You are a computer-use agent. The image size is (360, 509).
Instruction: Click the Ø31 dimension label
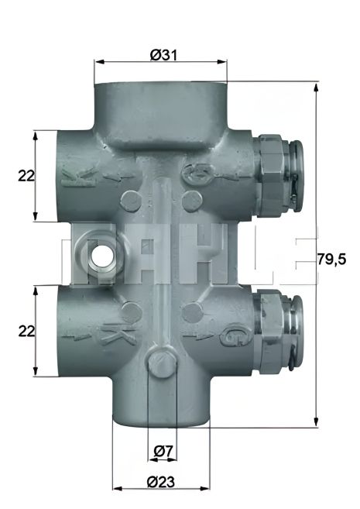click(x=161, y=54)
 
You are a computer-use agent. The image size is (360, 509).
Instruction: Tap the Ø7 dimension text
click(x=161, y=450)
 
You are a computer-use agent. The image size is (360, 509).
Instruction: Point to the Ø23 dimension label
click(x=161, y=481)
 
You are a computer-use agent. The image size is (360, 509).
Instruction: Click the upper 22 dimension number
click(x=26, y=176)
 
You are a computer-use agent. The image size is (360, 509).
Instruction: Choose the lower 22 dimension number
click(x=26, y=331)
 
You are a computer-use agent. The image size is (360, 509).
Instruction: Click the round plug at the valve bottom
click(x=161, y=363)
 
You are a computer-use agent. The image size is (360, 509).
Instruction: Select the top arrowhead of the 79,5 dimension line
click(x=317, y=85)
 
